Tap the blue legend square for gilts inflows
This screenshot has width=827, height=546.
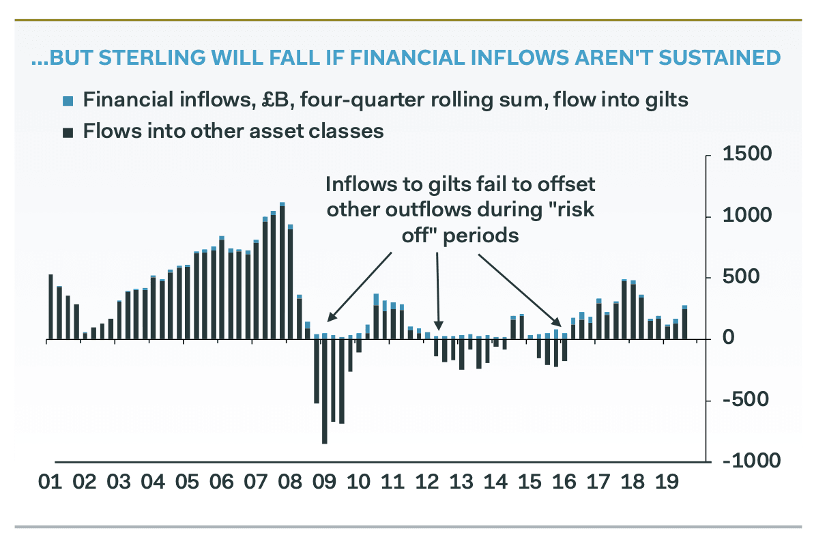pos(68,102)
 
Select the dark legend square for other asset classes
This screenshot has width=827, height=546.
pos(68,132)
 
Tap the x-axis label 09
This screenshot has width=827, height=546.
pos(324,483)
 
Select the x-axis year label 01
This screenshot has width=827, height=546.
pos(50,483)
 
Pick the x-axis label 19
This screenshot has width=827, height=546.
pos(667,483)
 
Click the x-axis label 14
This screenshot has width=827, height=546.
pos(495,483)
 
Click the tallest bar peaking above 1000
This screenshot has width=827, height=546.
pos(282,273)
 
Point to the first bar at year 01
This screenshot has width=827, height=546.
pos(50,306)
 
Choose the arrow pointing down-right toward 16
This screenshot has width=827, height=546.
pos(518,287)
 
